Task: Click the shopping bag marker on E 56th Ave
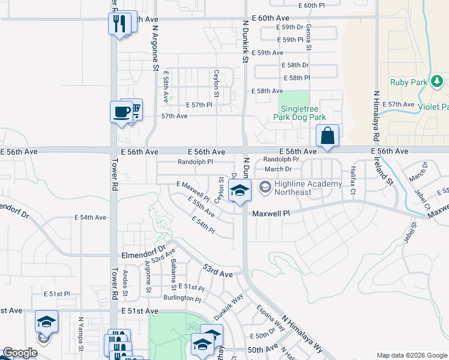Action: click(x=327, y=136)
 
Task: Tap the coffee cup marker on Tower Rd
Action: click(x=121, y=112)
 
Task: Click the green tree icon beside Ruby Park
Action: click(x=438, y=80)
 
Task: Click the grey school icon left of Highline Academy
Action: click(x=264, y=188)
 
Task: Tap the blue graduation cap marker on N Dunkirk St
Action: click(x=240, y=191)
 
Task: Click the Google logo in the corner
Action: click(x=20, y=353)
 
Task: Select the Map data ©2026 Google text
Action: click(x=411, y=355)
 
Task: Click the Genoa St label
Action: click(x=309, y=37)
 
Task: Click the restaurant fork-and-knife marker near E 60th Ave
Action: click(x=119, y=24)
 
